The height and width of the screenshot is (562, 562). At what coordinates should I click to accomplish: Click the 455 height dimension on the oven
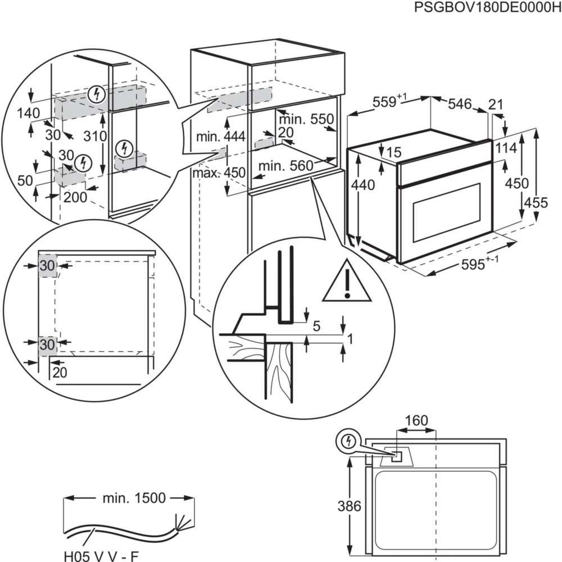535,202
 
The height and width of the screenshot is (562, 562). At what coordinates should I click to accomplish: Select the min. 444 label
220,137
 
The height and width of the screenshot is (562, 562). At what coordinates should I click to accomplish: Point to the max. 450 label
219,173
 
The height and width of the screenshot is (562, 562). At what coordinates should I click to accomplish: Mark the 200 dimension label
75,196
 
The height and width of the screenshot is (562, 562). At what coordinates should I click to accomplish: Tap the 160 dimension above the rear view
416,421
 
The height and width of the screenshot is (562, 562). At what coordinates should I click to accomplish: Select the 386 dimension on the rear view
350,506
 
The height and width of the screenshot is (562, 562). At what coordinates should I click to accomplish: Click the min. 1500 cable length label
134,498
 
